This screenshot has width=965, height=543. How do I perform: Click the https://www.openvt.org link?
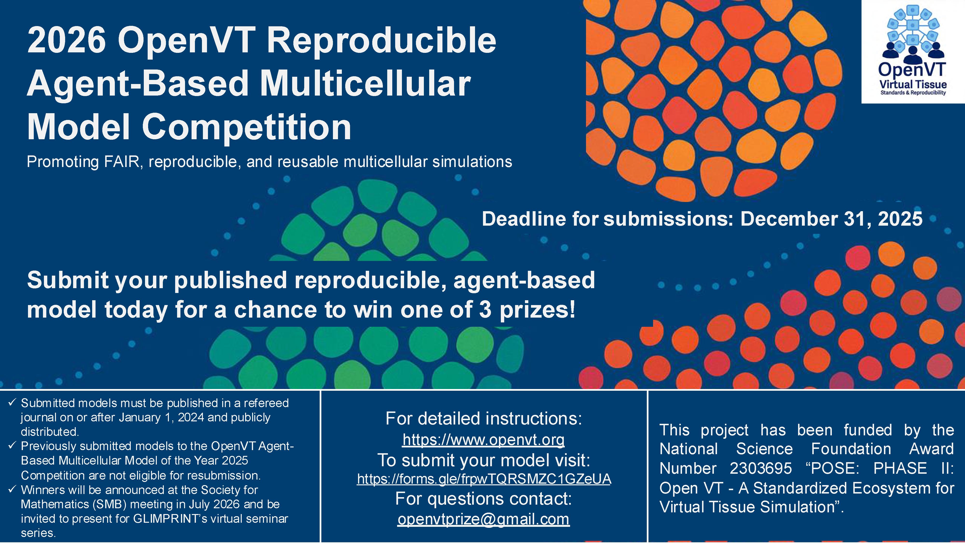pos(483,439)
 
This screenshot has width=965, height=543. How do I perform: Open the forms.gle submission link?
pos(484,479)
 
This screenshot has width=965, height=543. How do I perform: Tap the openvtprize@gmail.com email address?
pos(483,519)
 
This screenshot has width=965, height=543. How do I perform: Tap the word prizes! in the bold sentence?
pos(537,310)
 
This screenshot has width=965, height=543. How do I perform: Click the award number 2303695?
pos(760,468)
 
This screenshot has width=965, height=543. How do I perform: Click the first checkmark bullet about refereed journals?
pos(12,403)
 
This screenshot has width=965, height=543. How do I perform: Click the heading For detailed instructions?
pos(483,418)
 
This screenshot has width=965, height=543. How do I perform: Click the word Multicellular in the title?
pos(365,84)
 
